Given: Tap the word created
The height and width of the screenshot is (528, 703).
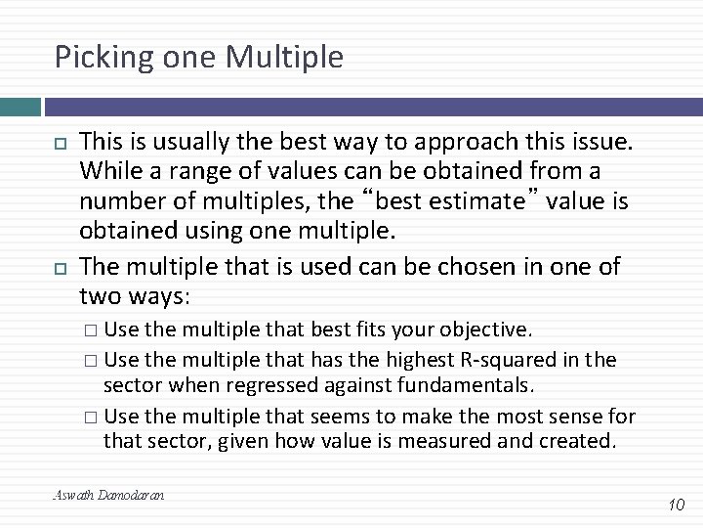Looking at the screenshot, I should tap(577, 440).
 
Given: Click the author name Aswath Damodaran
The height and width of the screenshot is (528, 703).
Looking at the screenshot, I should tap(108, 495).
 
